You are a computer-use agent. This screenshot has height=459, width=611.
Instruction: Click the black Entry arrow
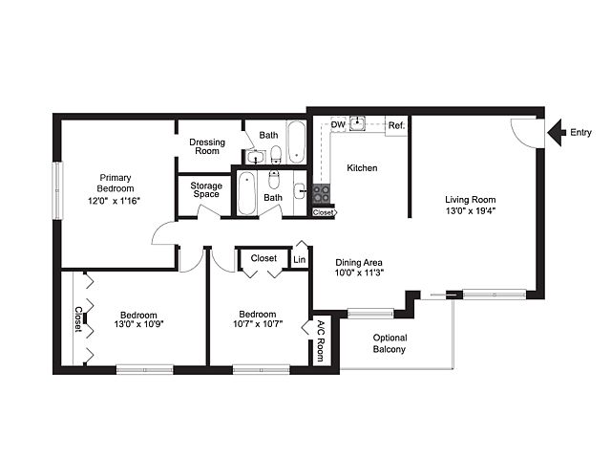pyautogui.click(x=556, y=132)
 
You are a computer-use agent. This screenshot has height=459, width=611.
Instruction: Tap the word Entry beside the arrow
pyautogui.click(x=580, y=133)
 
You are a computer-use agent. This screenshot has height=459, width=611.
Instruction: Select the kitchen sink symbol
pyautogui.click(x=357, y=123)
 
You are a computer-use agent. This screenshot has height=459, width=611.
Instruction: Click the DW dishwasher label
pyautogui.click(x=338, y=124)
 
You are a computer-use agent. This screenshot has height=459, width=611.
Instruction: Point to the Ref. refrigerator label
pyautogui.click(x=396, y=125)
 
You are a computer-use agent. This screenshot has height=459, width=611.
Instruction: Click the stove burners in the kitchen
pyautogui.click(x=322, y=193)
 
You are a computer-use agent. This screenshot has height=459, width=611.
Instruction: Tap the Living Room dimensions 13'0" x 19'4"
pyautogui.click(x=471, y=210)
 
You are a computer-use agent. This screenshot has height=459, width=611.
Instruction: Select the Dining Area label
pyautogui.click(x=359, y=262)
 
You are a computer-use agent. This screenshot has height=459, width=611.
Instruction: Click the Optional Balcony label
pyautogui.click(x=390, y=343)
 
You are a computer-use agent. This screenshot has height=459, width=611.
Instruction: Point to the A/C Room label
pyautogui.click(x=321, y=340)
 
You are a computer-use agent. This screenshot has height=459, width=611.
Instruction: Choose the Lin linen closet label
pyautogui.click(x=299, y=259)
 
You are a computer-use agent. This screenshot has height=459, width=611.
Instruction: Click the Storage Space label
pyautogui.click(x=206, y=189)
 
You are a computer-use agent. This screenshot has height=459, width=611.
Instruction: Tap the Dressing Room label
pyautogui.click(x=207, y=146)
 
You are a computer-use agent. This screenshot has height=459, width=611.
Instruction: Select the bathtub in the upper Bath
pyautogui.click(x=297, y=142)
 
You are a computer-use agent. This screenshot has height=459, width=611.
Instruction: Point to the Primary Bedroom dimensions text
pyautogui.click(x=114, y=201)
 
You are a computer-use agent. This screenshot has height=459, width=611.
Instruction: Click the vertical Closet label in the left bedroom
pyautogui.click(x=78, y=319)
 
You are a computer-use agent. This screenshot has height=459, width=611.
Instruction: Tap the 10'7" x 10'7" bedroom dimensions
pyautogui.click(x=258, y=324)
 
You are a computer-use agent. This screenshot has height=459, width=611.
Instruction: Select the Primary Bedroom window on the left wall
pyautogui.click(x=57, y=190)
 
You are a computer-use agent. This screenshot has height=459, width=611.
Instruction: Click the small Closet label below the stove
pyautogui.click(x=324, y=212)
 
